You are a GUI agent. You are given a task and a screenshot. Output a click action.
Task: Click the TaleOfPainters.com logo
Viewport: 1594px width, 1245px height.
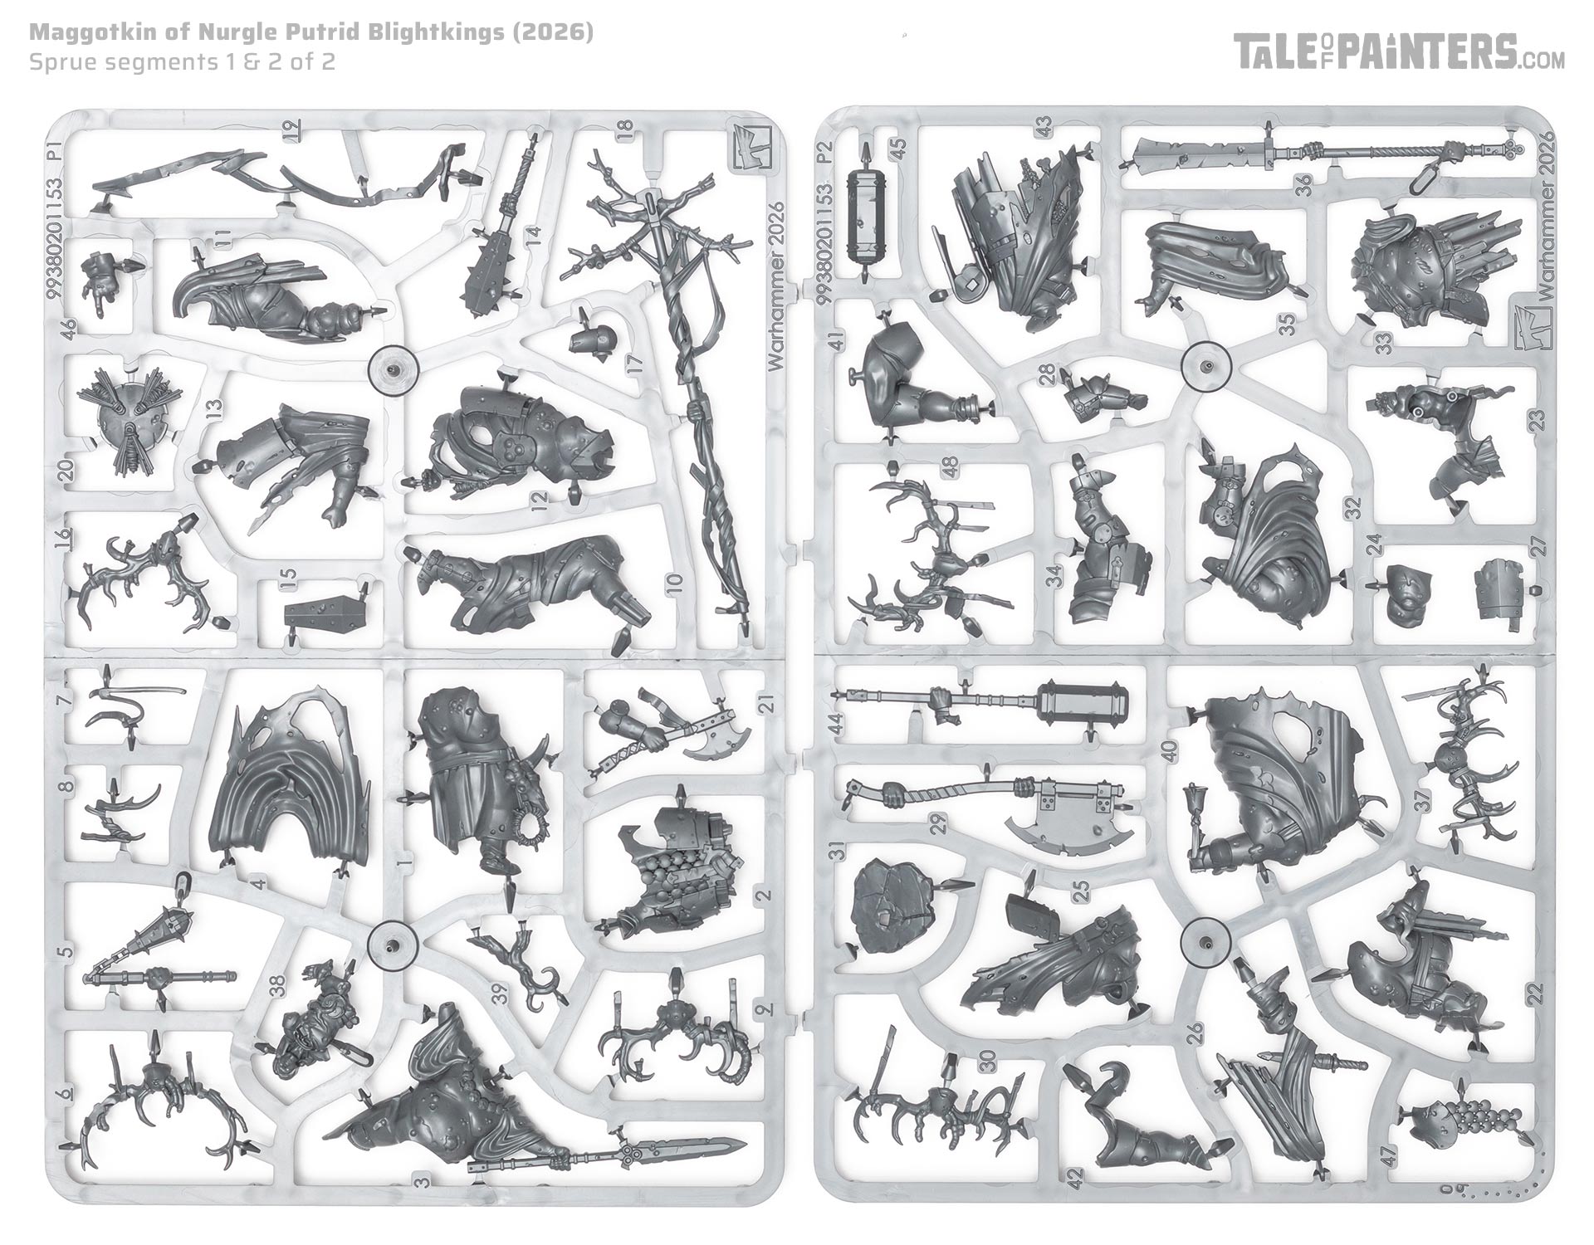(x=1399, y=52)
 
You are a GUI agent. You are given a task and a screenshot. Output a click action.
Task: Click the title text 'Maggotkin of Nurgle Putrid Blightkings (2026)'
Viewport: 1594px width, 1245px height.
(x=311, y=33)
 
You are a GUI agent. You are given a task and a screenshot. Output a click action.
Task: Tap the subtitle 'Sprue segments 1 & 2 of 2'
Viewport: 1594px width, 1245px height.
(x=182, y=62)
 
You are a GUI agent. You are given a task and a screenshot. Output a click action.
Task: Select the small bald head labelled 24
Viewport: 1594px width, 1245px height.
(x=1405, y=596)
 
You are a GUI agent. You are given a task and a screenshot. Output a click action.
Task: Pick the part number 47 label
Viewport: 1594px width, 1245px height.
(x=1389, y=1155)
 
